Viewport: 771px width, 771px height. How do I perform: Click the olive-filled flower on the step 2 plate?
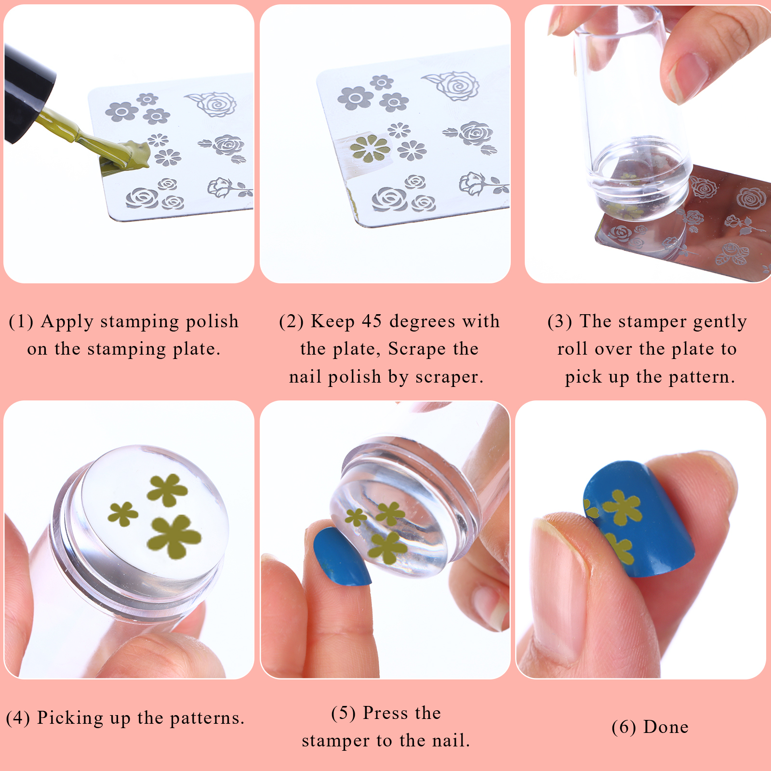[x=370, y=148]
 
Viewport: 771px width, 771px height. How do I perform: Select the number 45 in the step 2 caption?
[x=372, y=321]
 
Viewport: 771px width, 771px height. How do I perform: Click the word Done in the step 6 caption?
[x=666, y=727]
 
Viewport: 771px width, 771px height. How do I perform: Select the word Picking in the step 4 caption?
[x=70, y=718]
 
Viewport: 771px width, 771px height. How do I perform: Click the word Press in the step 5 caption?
[x=384, y=713]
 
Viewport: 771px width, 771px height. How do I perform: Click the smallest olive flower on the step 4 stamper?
[x=122, y=514]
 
